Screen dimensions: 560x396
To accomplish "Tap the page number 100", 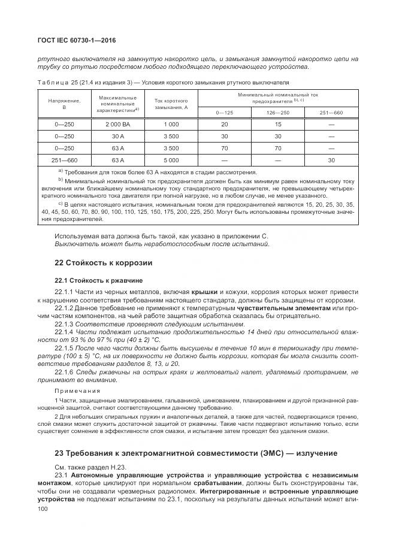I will tap(43, 508).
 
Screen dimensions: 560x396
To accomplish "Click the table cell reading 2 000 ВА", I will tap(117, 124).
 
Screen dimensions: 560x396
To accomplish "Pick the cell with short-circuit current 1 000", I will tap(171, 124).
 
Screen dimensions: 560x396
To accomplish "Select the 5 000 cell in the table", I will tap(171, 160).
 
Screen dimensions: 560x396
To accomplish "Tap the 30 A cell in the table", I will tap(117, 136).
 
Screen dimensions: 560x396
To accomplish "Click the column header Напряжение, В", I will tap(60, 104).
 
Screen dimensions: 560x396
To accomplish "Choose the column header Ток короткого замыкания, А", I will tap(171, 104).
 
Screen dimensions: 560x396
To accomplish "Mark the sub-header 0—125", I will tap(224, 113).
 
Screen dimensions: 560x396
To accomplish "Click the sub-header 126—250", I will tap(277, 113).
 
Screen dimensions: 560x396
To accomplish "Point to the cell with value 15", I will tap(277, 124).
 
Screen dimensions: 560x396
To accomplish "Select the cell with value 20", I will tap(224, 124).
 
